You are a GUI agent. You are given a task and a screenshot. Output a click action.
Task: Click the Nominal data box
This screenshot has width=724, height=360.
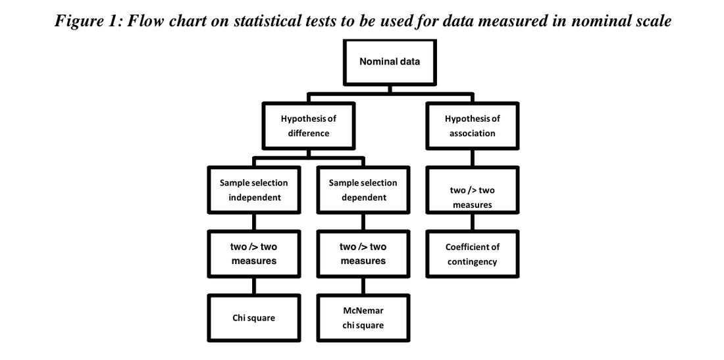pyautogui.click(x=389, y=62)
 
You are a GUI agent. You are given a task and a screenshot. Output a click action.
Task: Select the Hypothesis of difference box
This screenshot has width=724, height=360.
pyautogui.click(x=308, y=126)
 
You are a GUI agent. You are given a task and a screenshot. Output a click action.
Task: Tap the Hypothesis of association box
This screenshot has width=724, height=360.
pyautogui.click(x=472, y=126)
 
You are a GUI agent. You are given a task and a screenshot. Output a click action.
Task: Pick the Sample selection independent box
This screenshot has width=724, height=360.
pyautogui.click(x=253, y=190)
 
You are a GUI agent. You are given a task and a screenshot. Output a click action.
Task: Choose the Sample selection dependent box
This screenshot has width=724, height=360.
pyautogui.click(x=363, y=190)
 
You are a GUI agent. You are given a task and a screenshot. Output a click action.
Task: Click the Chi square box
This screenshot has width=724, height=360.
pyautogui.click(x=253, y=318)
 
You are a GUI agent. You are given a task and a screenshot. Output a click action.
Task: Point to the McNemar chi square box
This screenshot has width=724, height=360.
pyautogui.click(x=363, y=317)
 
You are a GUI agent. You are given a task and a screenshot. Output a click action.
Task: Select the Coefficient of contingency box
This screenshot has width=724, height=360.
pyautogui.click(x=472, y=254)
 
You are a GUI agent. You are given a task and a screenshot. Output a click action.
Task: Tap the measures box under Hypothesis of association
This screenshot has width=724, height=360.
pyautogui.click(x=472, y=197)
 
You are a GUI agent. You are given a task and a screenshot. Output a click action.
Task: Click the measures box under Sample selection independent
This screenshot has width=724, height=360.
pyautogui.click(x=253, y=254)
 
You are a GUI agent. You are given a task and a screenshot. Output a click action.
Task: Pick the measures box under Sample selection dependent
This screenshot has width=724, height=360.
pyautogui.click(x=363, y=254)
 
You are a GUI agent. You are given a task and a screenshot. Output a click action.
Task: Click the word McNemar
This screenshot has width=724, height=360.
pyautogui.click(x=363, y=310)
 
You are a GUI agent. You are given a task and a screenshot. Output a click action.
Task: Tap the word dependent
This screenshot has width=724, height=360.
pyautogui.click(x=363, y=197)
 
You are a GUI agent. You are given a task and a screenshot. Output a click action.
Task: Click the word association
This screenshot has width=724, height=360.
pyautogui.click(x=472, y=133)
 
